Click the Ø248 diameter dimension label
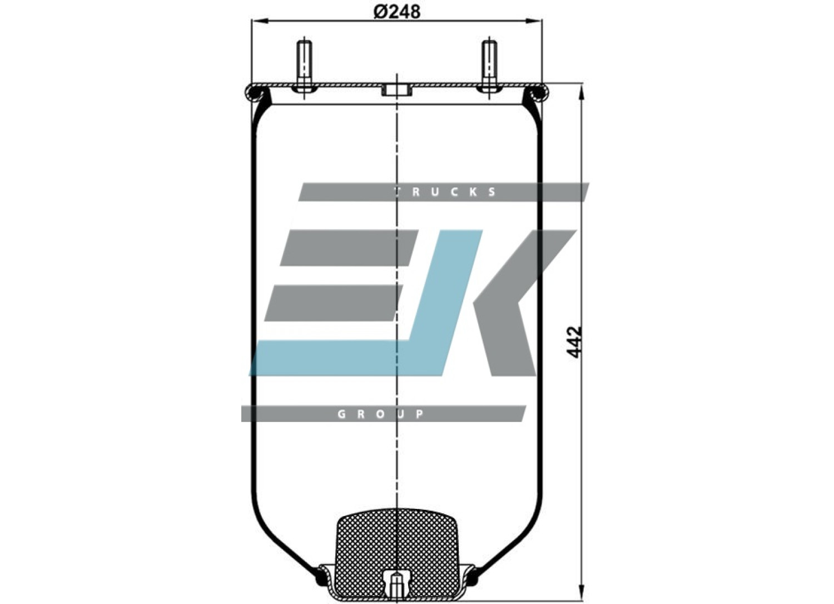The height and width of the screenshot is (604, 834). pyautogui.click(x=397, y=12)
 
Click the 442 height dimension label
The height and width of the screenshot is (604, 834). pyautogui.click(x=575, y=342)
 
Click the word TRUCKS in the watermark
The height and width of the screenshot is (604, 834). pyautogui.click(x=445, y=192)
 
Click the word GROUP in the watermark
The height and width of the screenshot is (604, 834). pyautogui.click(x=380, y=414)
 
